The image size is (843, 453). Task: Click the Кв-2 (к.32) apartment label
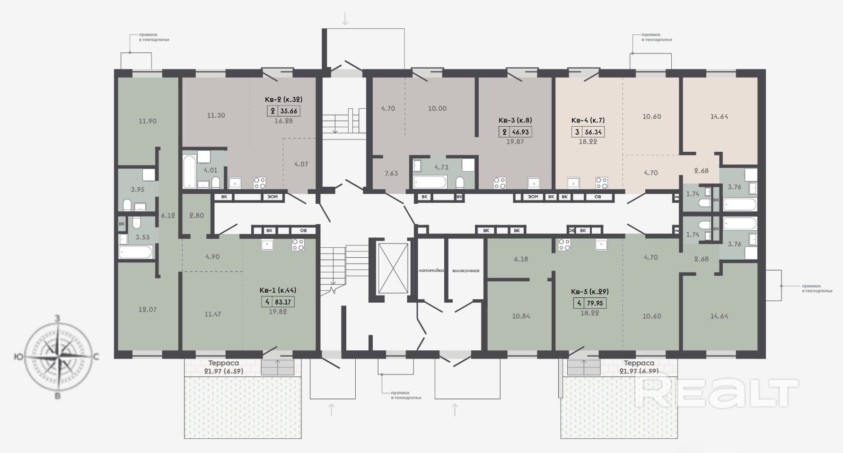(283, 99)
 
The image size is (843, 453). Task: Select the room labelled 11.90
(148, 121)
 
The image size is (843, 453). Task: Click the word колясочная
(466, 271)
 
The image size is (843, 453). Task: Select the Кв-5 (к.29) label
(589, 291)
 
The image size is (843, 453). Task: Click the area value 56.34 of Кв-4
(593, 132)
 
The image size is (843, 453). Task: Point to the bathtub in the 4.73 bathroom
(430, 182)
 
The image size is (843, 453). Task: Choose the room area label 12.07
(147, 309)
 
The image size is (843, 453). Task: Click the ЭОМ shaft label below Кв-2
(272, 197)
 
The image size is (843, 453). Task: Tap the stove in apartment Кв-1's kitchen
(298, 244)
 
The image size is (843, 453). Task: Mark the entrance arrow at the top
(345, 18)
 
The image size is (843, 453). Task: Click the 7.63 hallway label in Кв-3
(391, 173)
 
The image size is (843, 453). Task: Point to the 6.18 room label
(521, 259)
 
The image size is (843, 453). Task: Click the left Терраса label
(224, 363)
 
